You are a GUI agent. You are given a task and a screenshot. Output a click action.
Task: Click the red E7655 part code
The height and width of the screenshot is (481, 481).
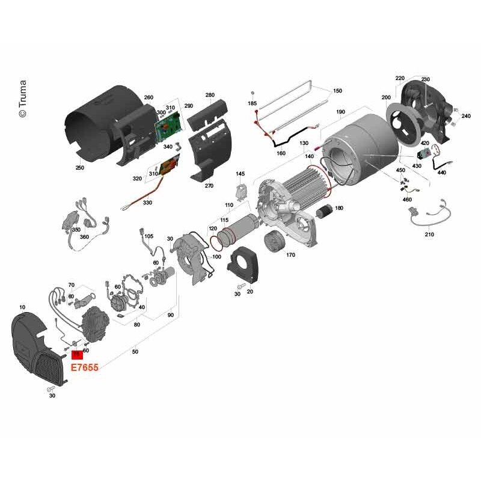85,367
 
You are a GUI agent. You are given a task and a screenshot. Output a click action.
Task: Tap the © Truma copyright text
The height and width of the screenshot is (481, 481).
23,99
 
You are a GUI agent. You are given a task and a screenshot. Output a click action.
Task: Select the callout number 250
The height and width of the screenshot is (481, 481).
80,168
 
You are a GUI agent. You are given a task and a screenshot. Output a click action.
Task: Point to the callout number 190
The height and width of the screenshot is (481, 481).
340,112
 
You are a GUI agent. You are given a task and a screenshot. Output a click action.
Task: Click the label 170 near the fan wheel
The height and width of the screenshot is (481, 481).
290,255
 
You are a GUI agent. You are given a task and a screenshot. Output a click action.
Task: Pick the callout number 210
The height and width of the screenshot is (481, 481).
429,234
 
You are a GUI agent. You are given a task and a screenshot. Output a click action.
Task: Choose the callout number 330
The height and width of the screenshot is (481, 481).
147,203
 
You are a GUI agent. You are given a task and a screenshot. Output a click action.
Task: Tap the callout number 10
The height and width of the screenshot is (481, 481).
22,307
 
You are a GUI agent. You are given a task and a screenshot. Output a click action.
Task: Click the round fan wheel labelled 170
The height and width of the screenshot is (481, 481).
275,241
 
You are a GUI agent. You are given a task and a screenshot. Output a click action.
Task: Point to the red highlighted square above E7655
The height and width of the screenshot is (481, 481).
77,355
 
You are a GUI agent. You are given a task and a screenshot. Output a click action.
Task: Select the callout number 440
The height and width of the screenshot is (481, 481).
442,173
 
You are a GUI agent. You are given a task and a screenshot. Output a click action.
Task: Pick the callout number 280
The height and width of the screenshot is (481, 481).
210,95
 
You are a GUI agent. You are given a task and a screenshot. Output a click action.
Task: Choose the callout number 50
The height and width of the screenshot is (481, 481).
135,352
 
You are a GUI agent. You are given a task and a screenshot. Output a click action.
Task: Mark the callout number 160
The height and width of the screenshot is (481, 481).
281,153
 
